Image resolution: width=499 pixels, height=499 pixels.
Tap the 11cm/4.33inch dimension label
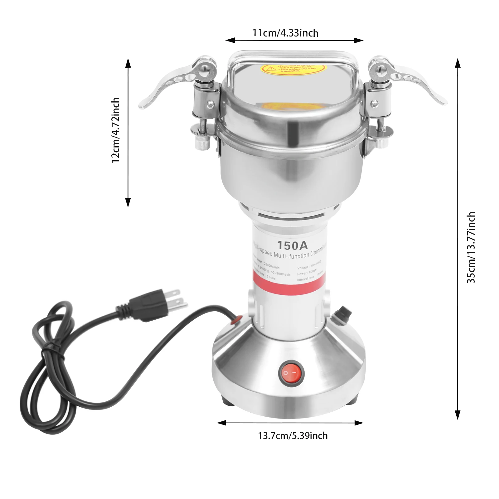[285, 33]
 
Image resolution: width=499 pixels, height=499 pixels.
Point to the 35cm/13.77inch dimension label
[471, 247]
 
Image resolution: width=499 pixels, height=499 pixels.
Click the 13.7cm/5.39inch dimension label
[293, 436]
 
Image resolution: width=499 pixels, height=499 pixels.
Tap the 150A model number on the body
[292, 245]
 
